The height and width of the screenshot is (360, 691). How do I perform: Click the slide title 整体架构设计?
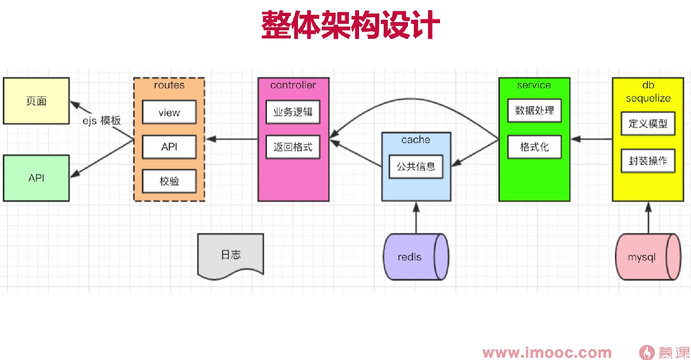tap(350, 25)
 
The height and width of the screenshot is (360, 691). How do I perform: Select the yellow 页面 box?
tap(36, 101)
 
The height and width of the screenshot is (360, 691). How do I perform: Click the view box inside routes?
tap(169, 113)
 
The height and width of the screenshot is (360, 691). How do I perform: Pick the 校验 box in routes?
tap(169, 181)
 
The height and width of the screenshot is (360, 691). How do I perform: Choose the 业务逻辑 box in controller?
tap(293, 112)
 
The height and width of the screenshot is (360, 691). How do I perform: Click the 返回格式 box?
tap(293, 147)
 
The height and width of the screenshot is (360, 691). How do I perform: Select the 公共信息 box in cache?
tap(416, 167)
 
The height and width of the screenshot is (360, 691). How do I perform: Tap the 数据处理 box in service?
tap(534, 111)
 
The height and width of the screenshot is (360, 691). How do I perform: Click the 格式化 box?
tap(534, 147)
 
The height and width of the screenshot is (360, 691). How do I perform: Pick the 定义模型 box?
tap(648, 123)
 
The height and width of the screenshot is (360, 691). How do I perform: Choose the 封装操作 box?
tap(648, 161)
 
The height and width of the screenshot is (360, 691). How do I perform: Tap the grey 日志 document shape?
tap(231, 255)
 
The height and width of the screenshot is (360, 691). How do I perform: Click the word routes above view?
tap(169, 85)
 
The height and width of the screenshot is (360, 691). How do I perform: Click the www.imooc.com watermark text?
tap(547, 353)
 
